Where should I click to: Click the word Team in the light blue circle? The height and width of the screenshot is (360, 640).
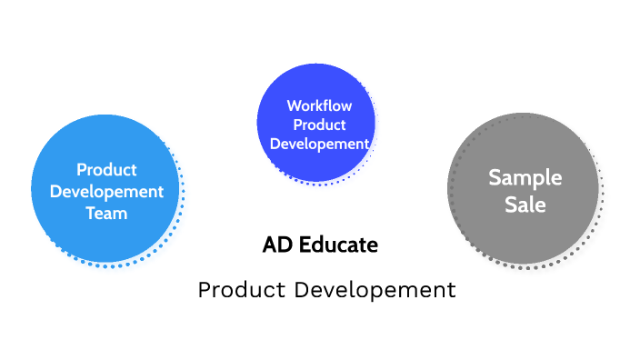106,214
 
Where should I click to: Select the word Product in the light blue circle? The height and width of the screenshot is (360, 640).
106,170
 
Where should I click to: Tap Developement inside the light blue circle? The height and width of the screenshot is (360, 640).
106,192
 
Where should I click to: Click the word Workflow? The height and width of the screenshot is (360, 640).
319,105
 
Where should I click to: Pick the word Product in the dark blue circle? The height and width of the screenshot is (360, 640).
319,125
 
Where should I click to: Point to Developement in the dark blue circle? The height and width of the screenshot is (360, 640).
319,144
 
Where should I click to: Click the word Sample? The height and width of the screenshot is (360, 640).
525,177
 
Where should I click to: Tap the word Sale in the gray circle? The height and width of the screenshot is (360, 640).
525,205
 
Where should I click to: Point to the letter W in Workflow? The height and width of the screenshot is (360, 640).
293,105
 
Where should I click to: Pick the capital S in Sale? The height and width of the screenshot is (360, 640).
510,205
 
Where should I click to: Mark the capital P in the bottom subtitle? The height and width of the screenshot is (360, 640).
204,290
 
